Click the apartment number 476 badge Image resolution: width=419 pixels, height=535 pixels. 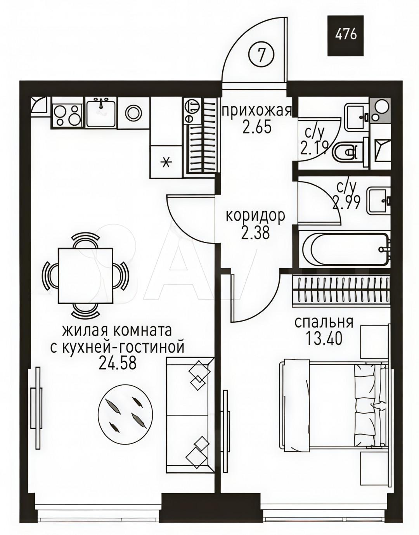(346, 35)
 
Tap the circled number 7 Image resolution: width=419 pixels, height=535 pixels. (261, 55)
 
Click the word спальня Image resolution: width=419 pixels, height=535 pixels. (324, 322)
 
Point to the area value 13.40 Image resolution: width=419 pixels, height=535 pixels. (324, 339)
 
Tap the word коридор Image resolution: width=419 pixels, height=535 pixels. (255, 215)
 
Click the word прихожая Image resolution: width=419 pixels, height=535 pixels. (256, 111)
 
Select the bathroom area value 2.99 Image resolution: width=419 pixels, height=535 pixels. (346, 203)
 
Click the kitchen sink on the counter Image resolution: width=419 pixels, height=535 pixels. (101, 113)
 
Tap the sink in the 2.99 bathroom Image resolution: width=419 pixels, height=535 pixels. (379, 201)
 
